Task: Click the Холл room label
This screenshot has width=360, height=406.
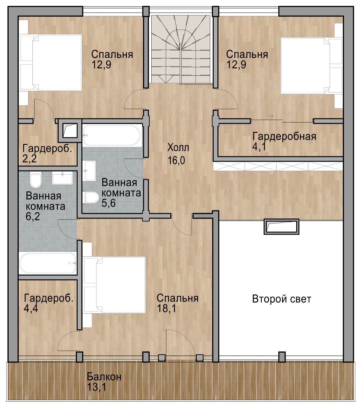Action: coord(178,148)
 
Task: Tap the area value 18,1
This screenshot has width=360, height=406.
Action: coord(166,309)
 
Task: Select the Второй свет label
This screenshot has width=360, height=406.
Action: coord(281,299)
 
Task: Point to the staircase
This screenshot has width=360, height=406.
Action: coord(181,49)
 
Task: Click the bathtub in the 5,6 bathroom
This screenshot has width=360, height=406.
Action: coord(112,135)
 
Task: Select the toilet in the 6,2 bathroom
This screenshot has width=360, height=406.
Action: coord(35,180)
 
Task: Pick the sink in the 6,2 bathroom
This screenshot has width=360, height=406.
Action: coord(62,179)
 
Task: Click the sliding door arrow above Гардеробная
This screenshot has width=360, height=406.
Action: coord(270,116)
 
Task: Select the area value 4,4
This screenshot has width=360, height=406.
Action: coord(31,309)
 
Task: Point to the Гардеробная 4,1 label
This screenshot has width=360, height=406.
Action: coord(284,141)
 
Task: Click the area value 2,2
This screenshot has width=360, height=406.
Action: coord(29,159)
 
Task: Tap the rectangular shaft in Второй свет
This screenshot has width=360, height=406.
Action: coord(281,226)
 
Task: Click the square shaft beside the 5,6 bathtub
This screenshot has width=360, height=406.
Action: coord(70,131)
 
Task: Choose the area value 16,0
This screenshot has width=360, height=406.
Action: coord(176,161)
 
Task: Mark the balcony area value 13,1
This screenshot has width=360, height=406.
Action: coord(96,387)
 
